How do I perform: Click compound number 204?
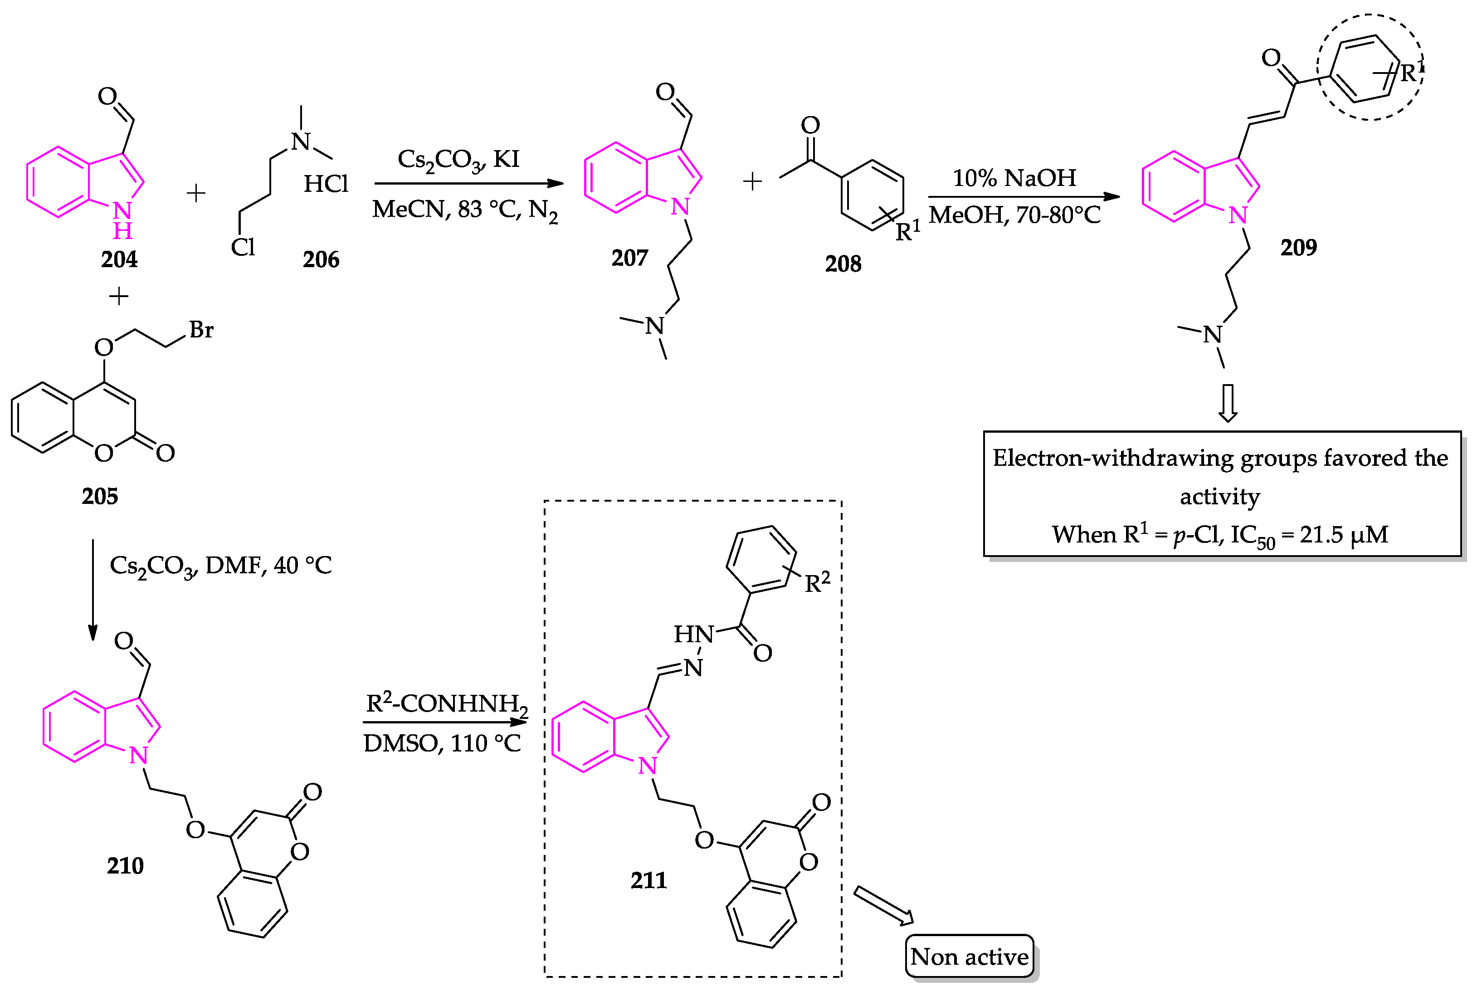point(119,259)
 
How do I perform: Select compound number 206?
point(321,259)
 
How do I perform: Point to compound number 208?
point(843,263)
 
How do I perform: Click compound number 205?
point(99,496)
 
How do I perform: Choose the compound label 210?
point(125,865)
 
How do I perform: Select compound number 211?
point(648,880)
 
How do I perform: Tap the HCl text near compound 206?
point(326,184)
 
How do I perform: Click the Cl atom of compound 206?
point(243,247)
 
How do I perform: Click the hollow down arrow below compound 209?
point(1227,403)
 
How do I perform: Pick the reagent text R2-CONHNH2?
point(446,703)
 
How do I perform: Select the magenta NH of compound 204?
point(122,220)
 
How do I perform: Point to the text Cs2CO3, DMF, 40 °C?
point(220,565)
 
